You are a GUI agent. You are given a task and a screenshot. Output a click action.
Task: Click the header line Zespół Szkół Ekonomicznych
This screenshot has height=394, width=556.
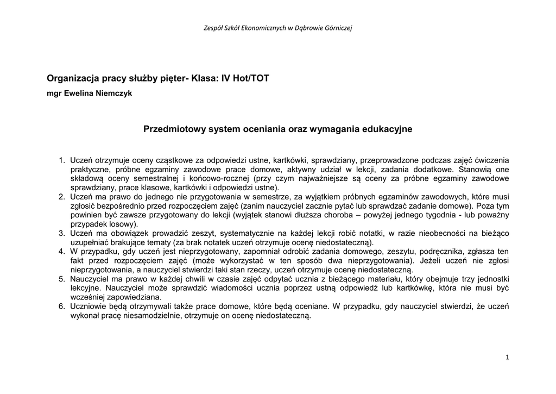[277, 28]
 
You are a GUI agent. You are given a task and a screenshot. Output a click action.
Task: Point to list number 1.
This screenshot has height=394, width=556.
[62, 160]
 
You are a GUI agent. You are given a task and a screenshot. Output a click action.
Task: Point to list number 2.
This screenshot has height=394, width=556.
[62, 197]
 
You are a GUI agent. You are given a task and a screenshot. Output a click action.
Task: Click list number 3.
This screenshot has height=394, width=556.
[62, 233]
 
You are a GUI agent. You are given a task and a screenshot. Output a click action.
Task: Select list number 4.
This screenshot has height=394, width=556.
[62, 251]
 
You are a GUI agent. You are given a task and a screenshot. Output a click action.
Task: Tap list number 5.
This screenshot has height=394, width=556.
[62, 279]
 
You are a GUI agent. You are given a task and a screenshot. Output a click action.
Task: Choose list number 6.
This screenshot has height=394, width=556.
[62, 307]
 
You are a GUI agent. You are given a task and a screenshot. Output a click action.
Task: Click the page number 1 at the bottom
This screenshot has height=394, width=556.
[507, 357]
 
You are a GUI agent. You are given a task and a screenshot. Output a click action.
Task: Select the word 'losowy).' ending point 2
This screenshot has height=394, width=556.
[123, 224]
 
